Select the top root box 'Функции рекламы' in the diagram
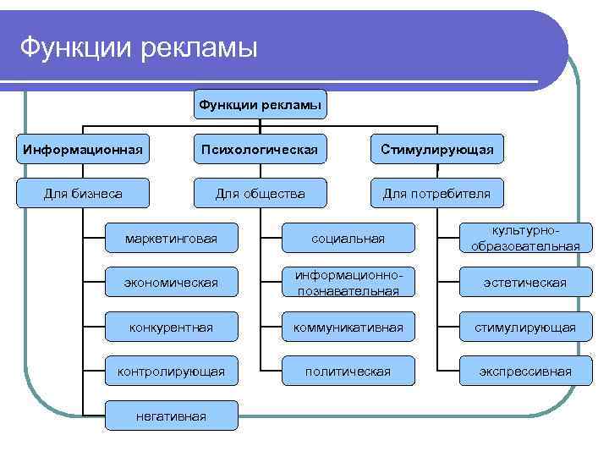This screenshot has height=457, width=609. pyautogui.click(x=260, y=105)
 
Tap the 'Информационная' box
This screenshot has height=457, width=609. pyautogui.click(x=83, y=150)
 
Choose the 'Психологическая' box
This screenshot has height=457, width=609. pyautogui.click(x=260, y=150)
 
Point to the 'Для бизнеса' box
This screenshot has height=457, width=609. pyautogui.click(x=83, y=194)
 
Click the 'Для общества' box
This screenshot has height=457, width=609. pyautogui.click(x=260, y=194)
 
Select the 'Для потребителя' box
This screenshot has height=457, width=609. pyautogui.click(x=436, y=194)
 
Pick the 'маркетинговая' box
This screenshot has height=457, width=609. pyautogui.click(x=171, y=239)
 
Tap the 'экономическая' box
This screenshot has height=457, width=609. pyautogui.click(x=171, y=283)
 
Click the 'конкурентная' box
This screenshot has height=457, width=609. pyautogui.click(x=171, y=327)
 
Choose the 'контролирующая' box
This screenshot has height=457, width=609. pyautogui.click(x=171, y=371)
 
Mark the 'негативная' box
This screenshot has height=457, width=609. pyautogui.click(x=171, y=415)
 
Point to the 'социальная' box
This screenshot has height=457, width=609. pyautogui.click(x=348, y=239)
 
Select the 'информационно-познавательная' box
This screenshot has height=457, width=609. pyautogui.click(x=348, y=283)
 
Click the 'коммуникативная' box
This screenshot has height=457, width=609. pyautogui.click(x=348, y=327)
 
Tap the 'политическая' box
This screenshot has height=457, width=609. pyautogui.click(x=348, y=371)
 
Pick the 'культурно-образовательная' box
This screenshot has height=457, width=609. pyautogui.click(x=525, y=239)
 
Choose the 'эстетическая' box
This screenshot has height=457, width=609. pyautogui.click(x=525, y=283)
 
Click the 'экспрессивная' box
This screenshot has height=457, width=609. pyautogui.click(x=525, y=371)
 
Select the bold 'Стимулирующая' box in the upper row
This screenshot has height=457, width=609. pyautogui.click(x=436, y=150)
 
